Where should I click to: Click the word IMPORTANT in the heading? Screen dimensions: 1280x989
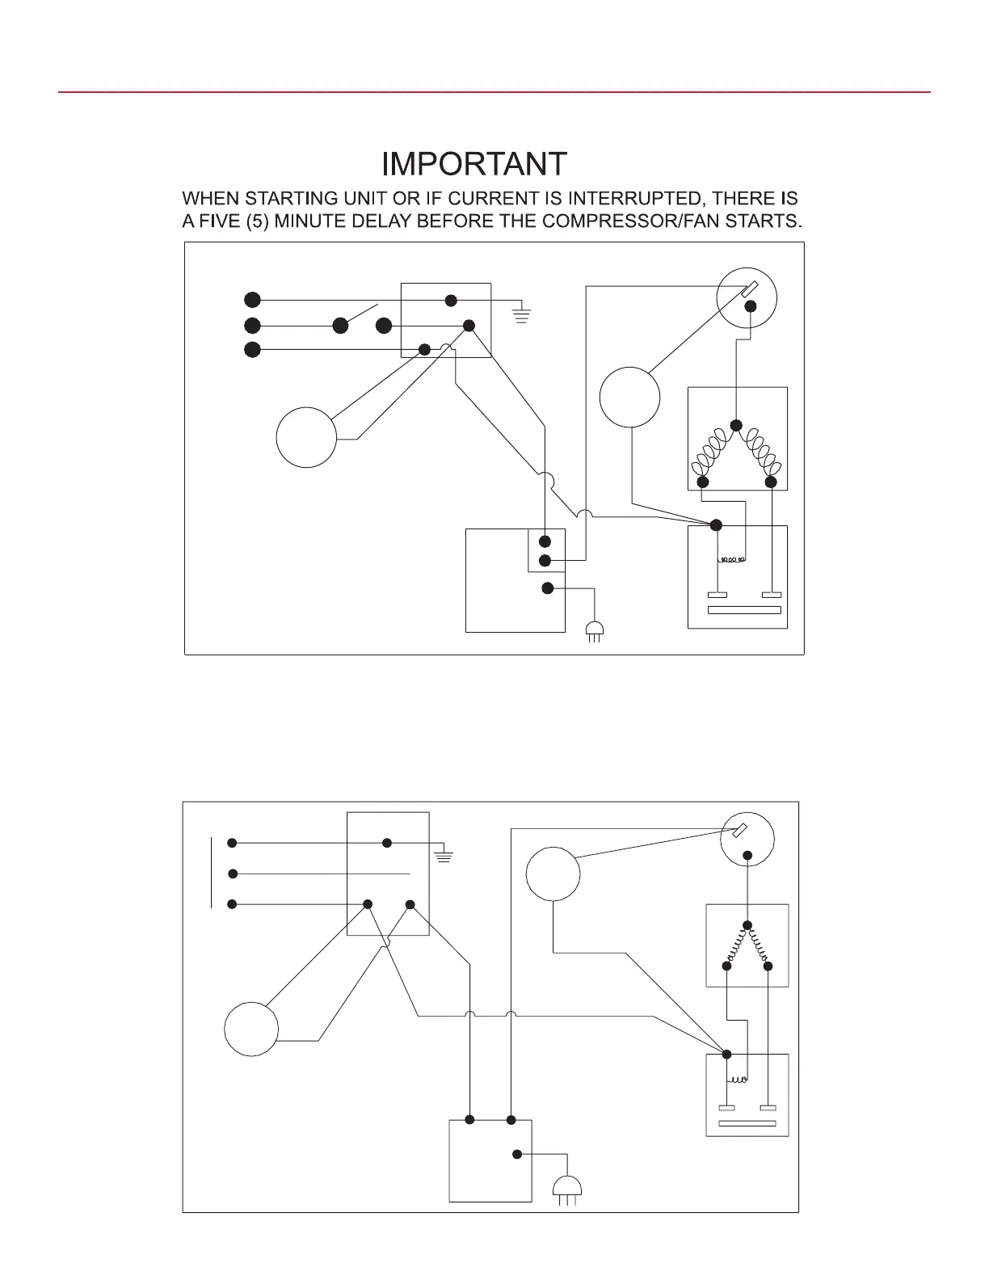(x=474, y=164)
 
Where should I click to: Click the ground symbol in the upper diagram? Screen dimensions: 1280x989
(x=521, y=314)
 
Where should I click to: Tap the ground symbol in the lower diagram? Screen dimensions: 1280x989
(x=444, y=855)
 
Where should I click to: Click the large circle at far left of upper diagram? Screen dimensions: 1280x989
(x=306, y=437)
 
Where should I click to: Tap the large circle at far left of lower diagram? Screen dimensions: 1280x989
(x=251, y=1029)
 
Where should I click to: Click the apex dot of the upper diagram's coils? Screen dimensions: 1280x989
(x=736, y=425)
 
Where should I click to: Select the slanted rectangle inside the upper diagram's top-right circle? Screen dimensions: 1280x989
(x=749, y=288)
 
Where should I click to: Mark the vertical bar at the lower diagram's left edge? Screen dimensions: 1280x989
(x=211, y=873)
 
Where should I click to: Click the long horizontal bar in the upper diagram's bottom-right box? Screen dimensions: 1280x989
(x=744, y=610)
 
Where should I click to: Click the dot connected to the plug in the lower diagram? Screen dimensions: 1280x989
(x=517, y=1154)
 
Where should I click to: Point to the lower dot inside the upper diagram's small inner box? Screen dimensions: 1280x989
(x=545, y=561)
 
